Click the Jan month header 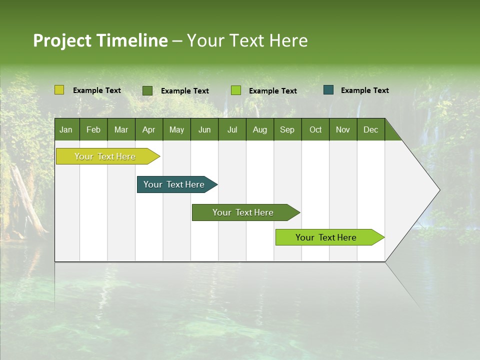click(66, 129)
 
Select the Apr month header click(148, 129)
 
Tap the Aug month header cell click(259, 129)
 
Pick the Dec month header click(370, 129)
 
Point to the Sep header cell click(287, 129)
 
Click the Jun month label click(204, 129)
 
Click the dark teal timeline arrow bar click(175, 184)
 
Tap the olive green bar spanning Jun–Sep click(243, 212)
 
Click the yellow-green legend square click(59, 90)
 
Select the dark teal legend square click(328, 90)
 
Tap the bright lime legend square click(236, 90)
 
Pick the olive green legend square click(147, 90)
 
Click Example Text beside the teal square click(364, 90)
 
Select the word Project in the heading click(62, 40)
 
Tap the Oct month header click(315, 129)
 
